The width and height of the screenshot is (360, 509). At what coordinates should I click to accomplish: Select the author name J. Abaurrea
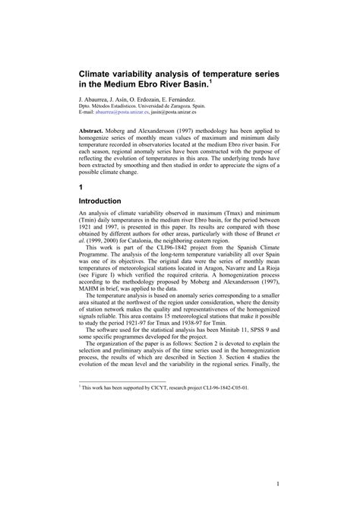click(x=96, y=100)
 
